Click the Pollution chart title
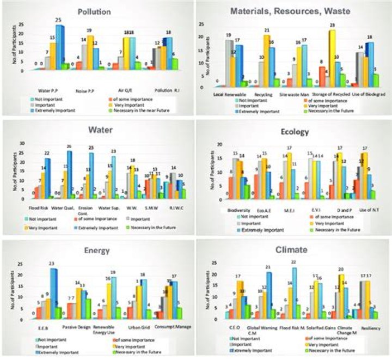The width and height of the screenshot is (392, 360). pos(95,11)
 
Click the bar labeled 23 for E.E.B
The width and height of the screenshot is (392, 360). pos(52,294)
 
